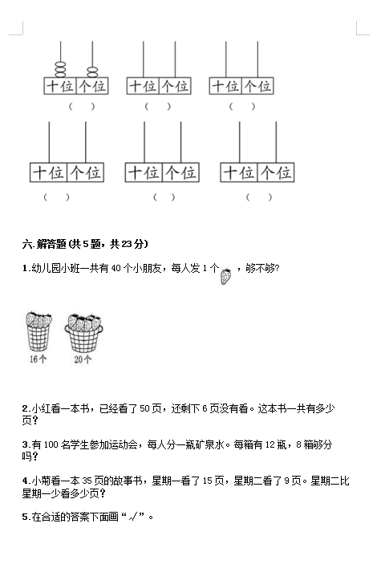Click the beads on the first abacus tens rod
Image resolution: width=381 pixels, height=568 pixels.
point(60,69)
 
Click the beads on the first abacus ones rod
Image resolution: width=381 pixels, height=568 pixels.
point(92,71)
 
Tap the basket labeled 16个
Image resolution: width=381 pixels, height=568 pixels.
point(39,331)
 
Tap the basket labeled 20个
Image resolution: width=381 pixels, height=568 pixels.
point(83,333)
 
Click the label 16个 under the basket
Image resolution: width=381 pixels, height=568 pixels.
point(38,359)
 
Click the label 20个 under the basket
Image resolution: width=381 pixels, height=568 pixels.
point(83,359)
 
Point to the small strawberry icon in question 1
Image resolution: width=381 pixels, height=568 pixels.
point(225,277)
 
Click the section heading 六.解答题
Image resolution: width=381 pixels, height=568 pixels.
point(44,244)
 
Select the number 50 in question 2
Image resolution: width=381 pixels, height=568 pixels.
point(144,408)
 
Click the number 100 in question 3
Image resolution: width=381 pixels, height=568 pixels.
point(51,444)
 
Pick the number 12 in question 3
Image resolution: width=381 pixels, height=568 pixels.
point(270,444)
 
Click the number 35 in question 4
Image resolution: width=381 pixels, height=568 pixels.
point(87,481)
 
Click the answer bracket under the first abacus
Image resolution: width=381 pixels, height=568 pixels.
point(82,107)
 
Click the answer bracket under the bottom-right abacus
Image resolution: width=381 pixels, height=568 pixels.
point(259,197)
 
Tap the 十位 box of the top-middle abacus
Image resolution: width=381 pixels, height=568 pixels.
point(143,86)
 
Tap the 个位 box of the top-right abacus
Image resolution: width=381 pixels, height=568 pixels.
point(257,86)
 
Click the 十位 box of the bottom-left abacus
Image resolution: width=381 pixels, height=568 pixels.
point(49,172)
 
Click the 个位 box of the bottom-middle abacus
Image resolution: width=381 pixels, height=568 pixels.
point(180,172)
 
